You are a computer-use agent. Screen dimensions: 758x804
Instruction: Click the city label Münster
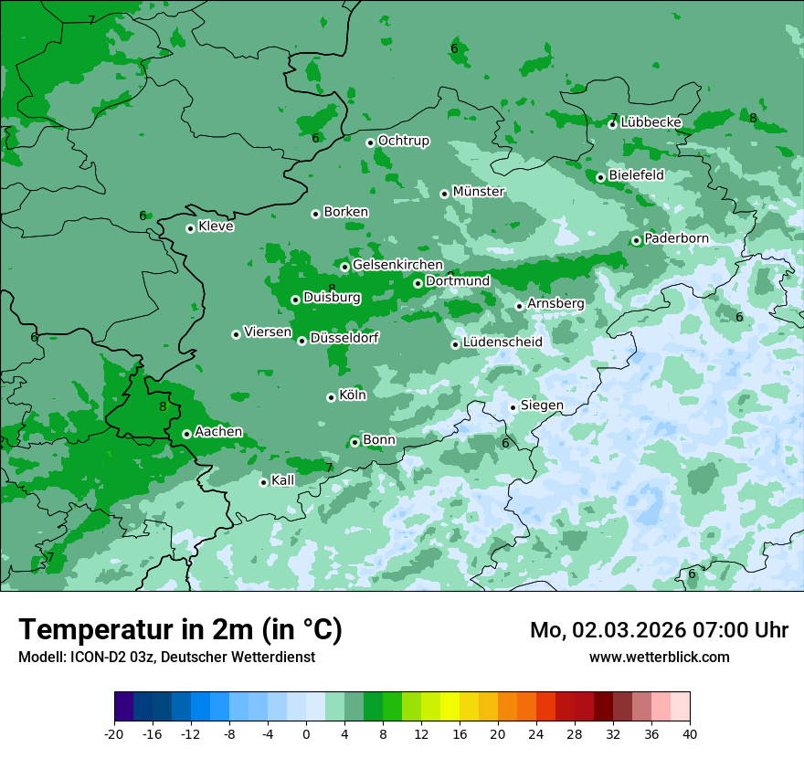coord(478,192)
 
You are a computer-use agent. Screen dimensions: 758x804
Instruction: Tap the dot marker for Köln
coord(331,397)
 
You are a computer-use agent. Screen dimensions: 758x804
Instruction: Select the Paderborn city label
coord(676,238)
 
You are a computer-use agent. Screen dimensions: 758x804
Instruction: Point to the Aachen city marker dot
coord(186,434)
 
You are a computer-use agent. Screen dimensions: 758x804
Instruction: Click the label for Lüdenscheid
coord(503,342)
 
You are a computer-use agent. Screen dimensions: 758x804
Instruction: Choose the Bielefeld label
coord(636,175)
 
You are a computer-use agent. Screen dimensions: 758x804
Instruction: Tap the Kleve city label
coord(216,226)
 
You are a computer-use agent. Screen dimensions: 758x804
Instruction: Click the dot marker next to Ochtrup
coord(370,142)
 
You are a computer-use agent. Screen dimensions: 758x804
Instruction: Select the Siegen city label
coord(542,405)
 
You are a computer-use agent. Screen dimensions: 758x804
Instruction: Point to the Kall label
coord(282,480)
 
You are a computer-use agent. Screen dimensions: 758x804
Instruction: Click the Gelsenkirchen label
coord(397,265)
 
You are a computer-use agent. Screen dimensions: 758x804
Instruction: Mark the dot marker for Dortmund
coord(418,283)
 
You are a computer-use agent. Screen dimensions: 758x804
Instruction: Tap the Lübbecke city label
coord(651,122)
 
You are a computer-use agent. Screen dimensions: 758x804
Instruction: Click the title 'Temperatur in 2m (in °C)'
coord(180,629)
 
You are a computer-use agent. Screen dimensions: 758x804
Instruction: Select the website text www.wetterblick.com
coord(659,657)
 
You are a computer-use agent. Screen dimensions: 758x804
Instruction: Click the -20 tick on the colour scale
coord(114,733)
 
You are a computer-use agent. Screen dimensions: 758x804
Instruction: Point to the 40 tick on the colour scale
coord(689,733)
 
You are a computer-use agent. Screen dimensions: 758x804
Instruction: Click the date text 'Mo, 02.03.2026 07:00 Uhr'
coord(659,630)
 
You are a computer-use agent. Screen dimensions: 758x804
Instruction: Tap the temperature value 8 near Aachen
coord(163,407)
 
